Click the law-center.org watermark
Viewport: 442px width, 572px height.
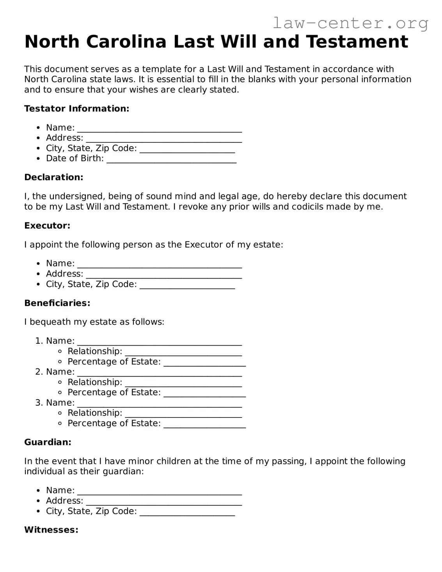tap(350, 23)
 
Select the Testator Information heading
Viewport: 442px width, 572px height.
tap(76, 108)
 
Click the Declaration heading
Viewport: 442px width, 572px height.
tap(54, 177)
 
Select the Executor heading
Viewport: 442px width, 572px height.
tap(47, 226)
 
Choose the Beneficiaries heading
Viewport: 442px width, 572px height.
tap(57, 303)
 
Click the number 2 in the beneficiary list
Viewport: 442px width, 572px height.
tap(38, 372)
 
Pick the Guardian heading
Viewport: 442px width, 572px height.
tap(48, 442)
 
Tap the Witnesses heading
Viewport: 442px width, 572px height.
tap(51, 530)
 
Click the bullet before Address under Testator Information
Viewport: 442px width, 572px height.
tap(38, 138)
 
